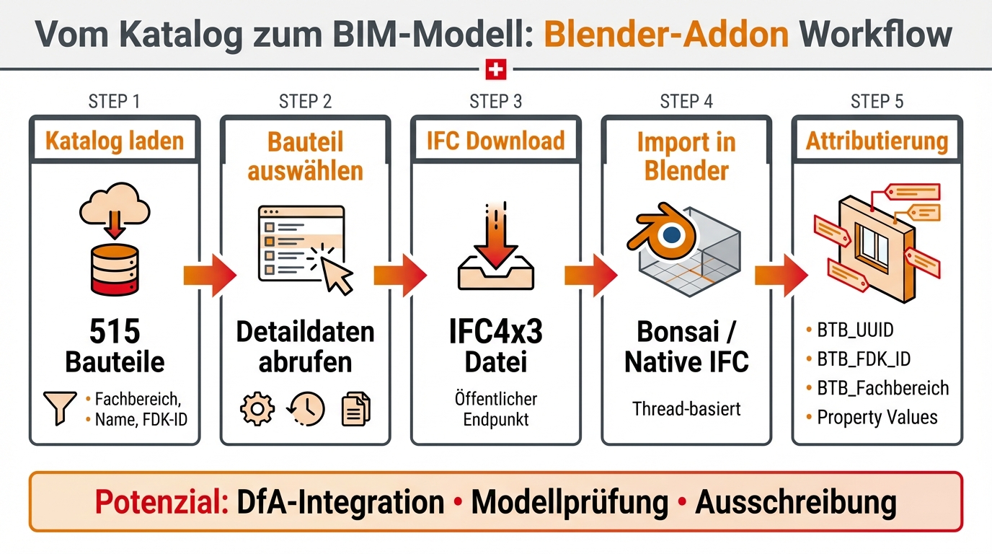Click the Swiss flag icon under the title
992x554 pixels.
tap(496, 70)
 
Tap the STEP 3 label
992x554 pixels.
tap(496, 101)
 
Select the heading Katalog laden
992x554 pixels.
tap(115, 141)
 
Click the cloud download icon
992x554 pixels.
tap(115, 210)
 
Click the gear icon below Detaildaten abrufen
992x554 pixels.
tap(257, 410)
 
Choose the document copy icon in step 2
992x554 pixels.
tap(355, 410)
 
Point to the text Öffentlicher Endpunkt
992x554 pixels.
tap(496, 408)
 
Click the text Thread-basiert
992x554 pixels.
tap(686, 409)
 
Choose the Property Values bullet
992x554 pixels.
tap(877, 417)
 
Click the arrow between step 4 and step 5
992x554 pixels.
tap(781, 275)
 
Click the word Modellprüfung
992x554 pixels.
tap(570, 502)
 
